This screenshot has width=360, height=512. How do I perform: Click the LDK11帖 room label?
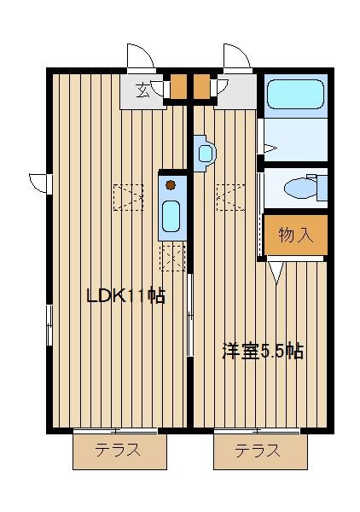tap(125, 296)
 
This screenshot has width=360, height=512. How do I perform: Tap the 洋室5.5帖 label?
tap(263, 352)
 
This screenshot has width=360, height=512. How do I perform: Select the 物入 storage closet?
tap(296, 235)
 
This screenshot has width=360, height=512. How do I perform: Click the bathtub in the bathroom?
tap(296, 95)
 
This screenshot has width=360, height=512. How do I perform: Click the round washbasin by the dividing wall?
tap(206, 154)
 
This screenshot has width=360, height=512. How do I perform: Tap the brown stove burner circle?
tap(171, 185)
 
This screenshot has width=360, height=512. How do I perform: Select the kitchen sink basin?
tap(171, 216)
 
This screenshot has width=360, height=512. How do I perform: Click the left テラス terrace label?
tap(118, 451)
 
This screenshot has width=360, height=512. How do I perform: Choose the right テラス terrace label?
tap(258, 451)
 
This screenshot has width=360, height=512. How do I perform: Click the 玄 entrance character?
tap(142, 90)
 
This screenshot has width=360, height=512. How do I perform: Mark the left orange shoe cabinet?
tap(178, 86)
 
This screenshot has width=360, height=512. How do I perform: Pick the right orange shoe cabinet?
tap(201, 86)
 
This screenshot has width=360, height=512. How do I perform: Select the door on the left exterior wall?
tap(40, 183)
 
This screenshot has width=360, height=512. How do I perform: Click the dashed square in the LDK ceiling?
tap(128, 197)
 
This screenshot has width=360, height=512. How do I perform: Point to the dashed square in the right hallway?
tap(230, 197)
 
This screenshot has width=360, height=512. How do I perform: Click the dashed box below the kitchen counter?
tap(172, 258)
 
